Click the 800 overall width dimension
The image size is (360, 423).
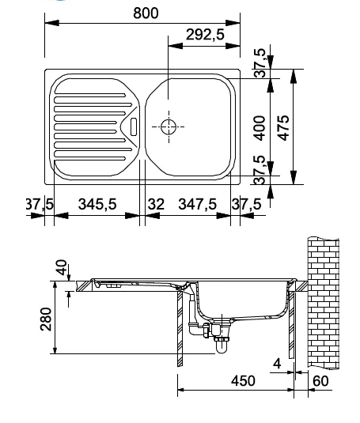point(146,13)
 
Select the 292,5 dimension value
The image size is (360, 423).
point(205,35)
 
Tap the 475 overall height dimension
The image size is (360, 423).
point(283,128)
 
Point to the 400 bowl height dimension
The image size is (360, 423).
point(260,128)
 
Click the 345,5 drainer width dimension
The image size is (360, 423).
point(97,204)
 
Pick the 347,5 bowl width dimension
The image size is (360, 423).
point(197,204)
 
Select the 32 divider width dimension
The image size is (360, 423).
point(156,204)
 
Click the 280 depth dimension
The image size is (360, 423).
point(46,319)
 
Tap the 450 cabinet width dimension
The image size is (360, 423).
point(243,380)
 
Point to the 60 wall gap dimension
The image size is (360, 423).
point(320,380)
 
